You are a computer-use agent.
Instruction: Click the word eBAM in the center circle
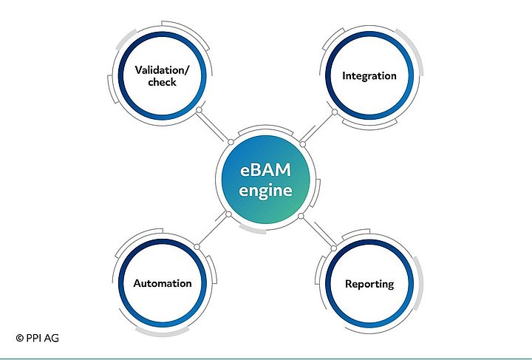[x=265, y=170]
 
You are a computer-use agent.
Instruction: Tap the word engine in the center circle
[x=265, y=190]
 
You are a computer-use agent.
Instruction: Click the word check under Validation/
[x=162, y=83]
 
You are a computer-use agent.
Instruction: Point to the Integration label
[x=369, y=76]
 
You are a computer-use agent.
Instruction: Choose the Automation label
[x=163, y=283]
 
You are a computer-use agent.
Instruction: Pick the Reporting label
[x=369, y=284]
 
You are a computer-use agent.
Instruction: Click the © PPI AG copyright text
[x=37, y=338]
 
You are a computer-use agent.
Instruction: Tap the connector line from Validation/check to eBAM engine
[x=214, y=126]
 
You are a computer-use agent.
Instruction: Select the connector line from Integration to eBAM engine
[x=318, y=127]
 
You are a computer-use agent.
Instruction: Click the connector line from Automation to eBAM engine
[x=213, y=230]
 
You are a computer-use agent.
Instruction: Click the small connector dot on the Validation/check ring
[x=198, y=112]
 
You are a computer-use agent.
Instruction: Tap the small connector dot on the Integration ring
[x=334, y=112]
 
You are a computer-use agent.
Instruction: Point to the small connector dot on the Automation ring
[x=197, y=245]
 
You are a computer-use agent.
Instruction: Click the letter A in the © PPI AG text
[x=47, y=338]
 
